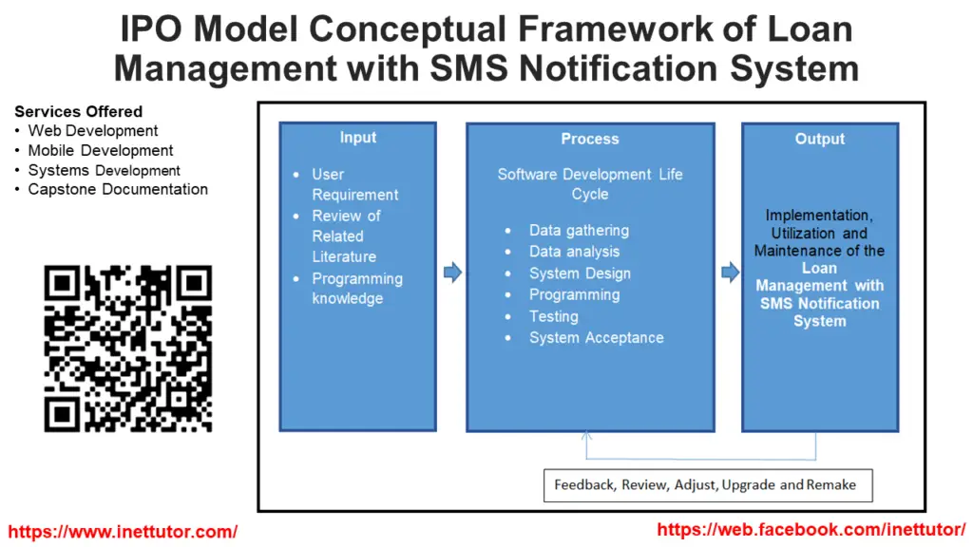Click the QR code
pos(128,349)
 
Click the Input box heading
pos(358,138)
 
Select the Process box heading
pos(589,139)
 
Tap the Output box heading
pos(819,139)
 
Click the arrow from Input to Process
pos(452,273)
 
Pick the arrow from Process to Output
pos(730,273)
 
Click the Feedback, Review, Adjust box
pos(707,485)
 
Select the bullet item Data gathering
pos(579,230)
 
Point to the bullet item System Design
pos(580,273)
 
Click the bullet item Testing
pos(553,316)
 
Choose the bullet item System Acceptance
pos(596,338)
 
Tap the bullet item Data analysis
pos(574,252)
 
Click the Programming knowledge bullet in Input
pos(356,289)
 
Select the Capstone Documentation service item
pos(118,189)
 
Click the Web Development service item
pos(93,131)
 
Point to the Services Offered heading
pos(79,111)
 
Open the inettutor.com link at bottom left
pos(124,532)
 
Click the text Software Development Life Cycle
pos(589,184)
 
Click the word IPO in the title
pos(153,30)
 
